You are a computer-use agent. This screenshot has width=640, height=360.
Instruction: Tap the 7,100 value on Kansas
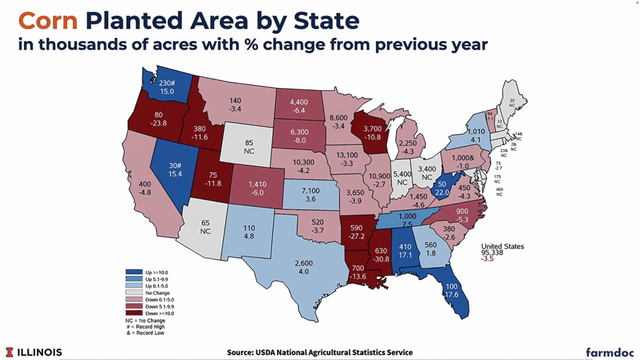[x=311, y=189]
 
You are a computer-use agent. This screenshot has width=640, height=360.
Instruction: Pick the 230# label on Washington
[x=168, y=83]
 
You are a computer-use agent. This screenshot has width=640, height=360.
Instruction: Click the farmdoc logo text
[x=606, y=352]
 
